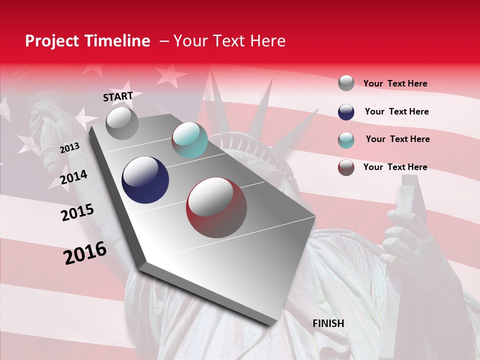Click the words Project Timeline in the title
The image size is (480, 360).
coord(87,41)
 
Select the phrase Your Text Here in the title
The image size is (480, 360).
coord(229,41)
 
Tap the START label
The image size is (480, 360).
coord(118,96)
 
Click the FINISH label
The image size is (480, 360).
coord(328,323)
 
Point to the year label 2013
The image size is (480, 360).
coord(69,148)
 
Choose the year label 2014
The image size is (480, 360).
coord(73,177)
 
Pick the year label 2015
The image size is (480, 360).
coord(77,212)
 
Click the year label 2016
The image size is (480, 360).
coord(85,253)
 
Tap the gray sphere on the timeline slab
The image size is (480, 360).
coord(122,123)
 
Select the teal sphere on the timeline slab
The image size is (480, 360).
coord(189,140)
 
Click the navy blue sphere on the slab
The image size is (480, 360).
coord(145,180)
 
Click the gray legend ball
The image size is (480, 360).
coord(346,83)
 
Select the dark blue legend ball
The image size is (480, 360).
coord(346,112)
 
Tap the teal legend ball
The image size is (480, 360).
coord(346,140)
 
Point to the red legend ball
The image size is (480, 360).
coord(346,167)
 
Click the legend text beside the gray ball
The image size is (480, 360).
coord(395,83)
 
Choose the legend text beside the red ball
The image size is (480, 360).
coord(395,167)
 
